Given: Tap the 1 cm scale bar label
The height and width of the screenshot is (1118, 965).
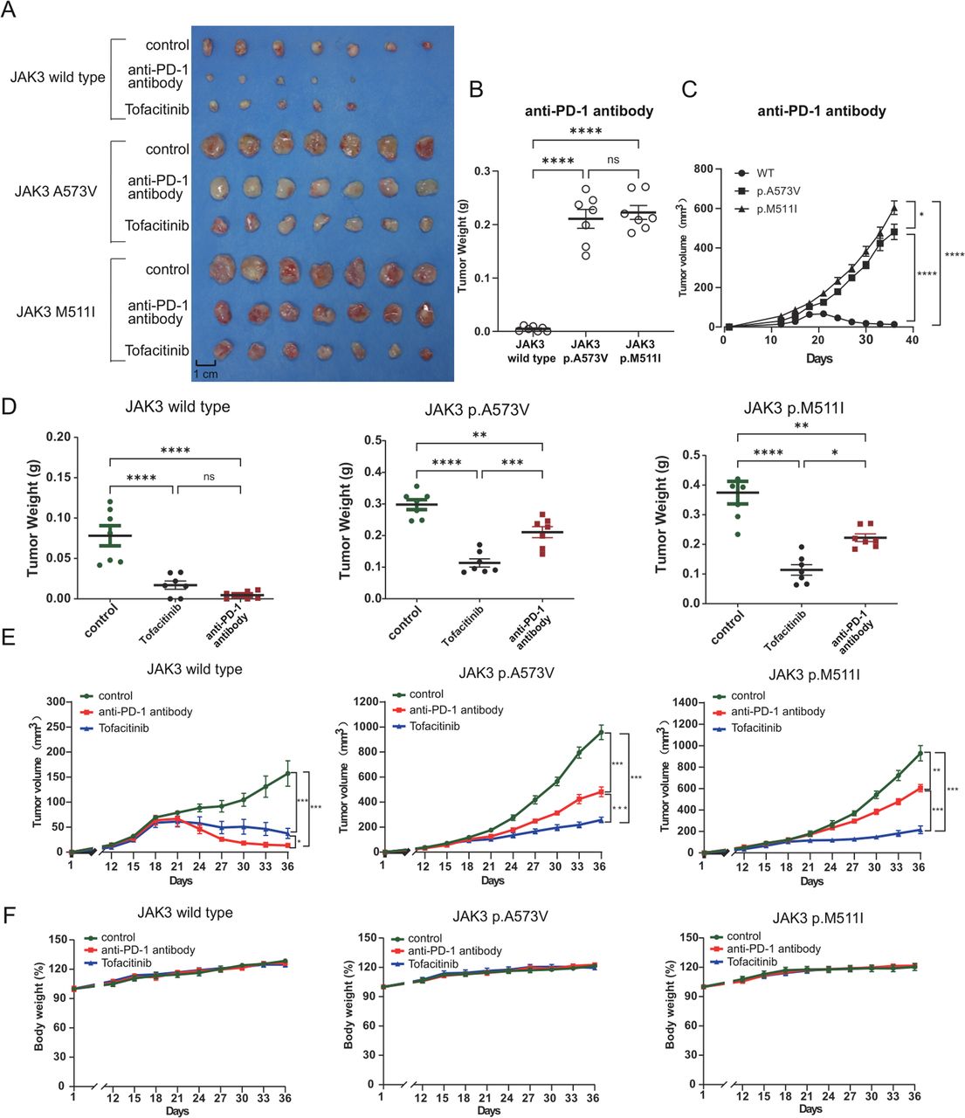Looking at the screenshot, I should [x=206, y=374].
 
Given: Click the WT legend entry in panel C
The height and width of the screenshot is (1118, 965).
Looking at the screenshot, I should [x=765, y=173].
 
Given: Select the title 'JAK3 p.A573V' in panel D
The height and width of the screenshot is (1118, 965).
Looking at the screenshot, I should [x=489, y=408].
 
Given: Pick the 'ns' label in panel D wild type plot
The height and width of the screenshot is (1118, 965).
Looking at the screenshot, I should [x=209, y=477].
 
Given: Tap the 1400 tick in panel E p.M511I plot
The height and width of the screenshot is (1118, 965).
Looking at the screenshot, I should [x=682, y=703].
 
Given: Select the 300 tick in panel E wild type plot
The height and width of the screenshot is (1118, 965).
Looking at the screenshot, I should [x=57, y=701].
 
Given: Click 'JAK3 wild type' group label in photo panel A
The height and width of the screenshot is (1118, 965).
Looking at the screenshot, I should [x=58, y=77].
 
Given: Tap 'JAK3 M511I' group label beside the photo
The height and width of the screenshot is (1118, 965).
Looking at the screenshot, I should [x=55, y=310].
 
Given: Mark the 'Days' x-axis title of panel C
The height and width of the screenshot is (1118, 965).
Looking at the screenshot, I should [x=818, y=358].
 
